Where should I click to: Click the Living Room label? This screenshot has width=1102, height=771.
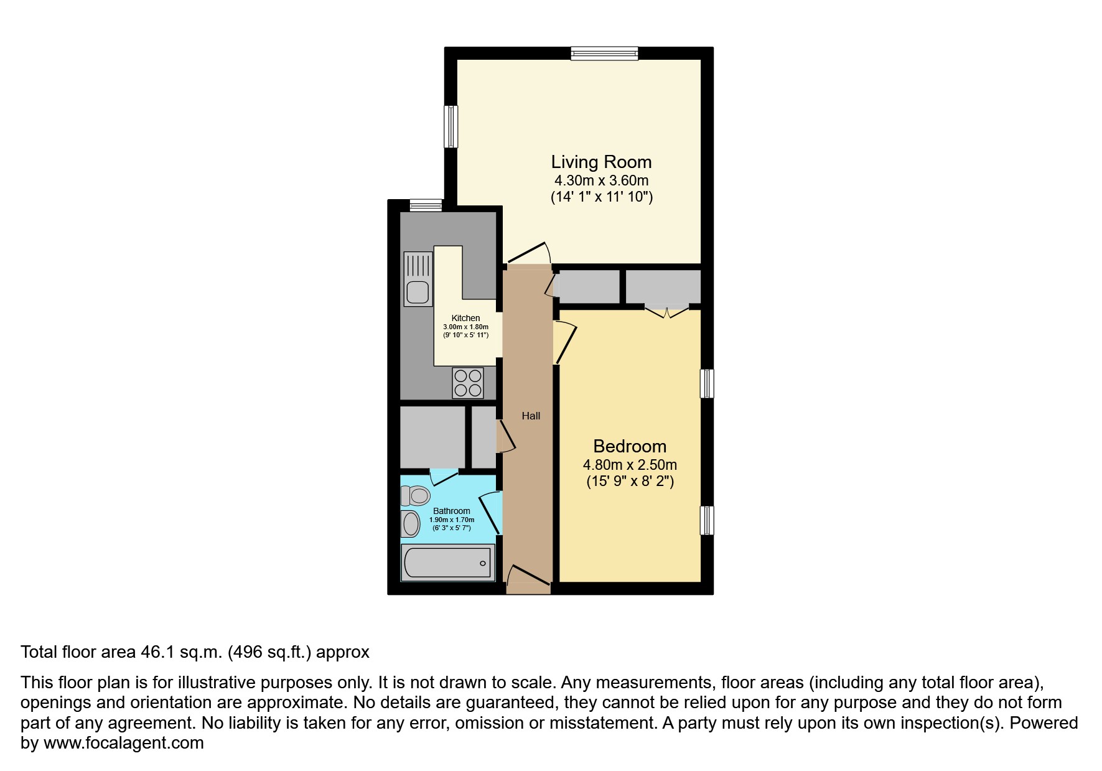(601, 162)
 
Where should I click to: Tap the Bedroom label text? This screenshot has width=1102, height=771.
(630, 446)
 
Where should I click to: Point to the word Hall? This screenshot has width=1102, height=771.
(531, 416)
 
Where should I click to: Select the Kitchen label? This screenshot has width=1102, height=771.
(465, 318)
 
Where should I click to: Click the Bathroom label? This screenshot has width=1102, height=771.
(452, 511)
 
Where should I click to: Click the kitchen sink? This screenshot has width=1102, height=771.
(418, 279)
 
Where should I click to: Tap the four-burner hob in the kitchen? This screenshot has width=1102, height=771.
(468, 382)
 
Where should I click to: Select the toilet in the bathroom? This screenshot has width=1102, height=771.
(416, 496)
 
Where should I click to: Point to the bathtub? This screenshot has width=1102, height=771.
(447, 563)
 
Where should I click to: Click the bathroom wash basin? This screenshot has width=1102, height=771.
(410, 523)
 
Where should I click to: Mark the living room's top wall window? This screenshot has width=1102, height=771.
(605, 54)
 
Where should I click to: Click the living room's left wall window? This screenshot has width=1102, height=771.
(451, 126)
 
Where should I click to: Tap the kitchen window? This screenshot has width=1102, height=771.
(426, 205)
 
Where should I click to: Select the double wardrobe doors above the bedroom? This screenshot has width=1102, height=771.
(667, 311)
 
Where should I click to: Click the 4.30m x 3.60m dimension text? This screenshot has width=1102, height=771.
(601, 180)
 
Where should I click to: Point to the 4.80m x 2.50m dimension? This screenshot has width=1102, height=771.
(630, 465)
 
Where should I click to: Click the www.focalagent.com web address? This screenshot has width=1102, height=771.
(123, 743)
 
